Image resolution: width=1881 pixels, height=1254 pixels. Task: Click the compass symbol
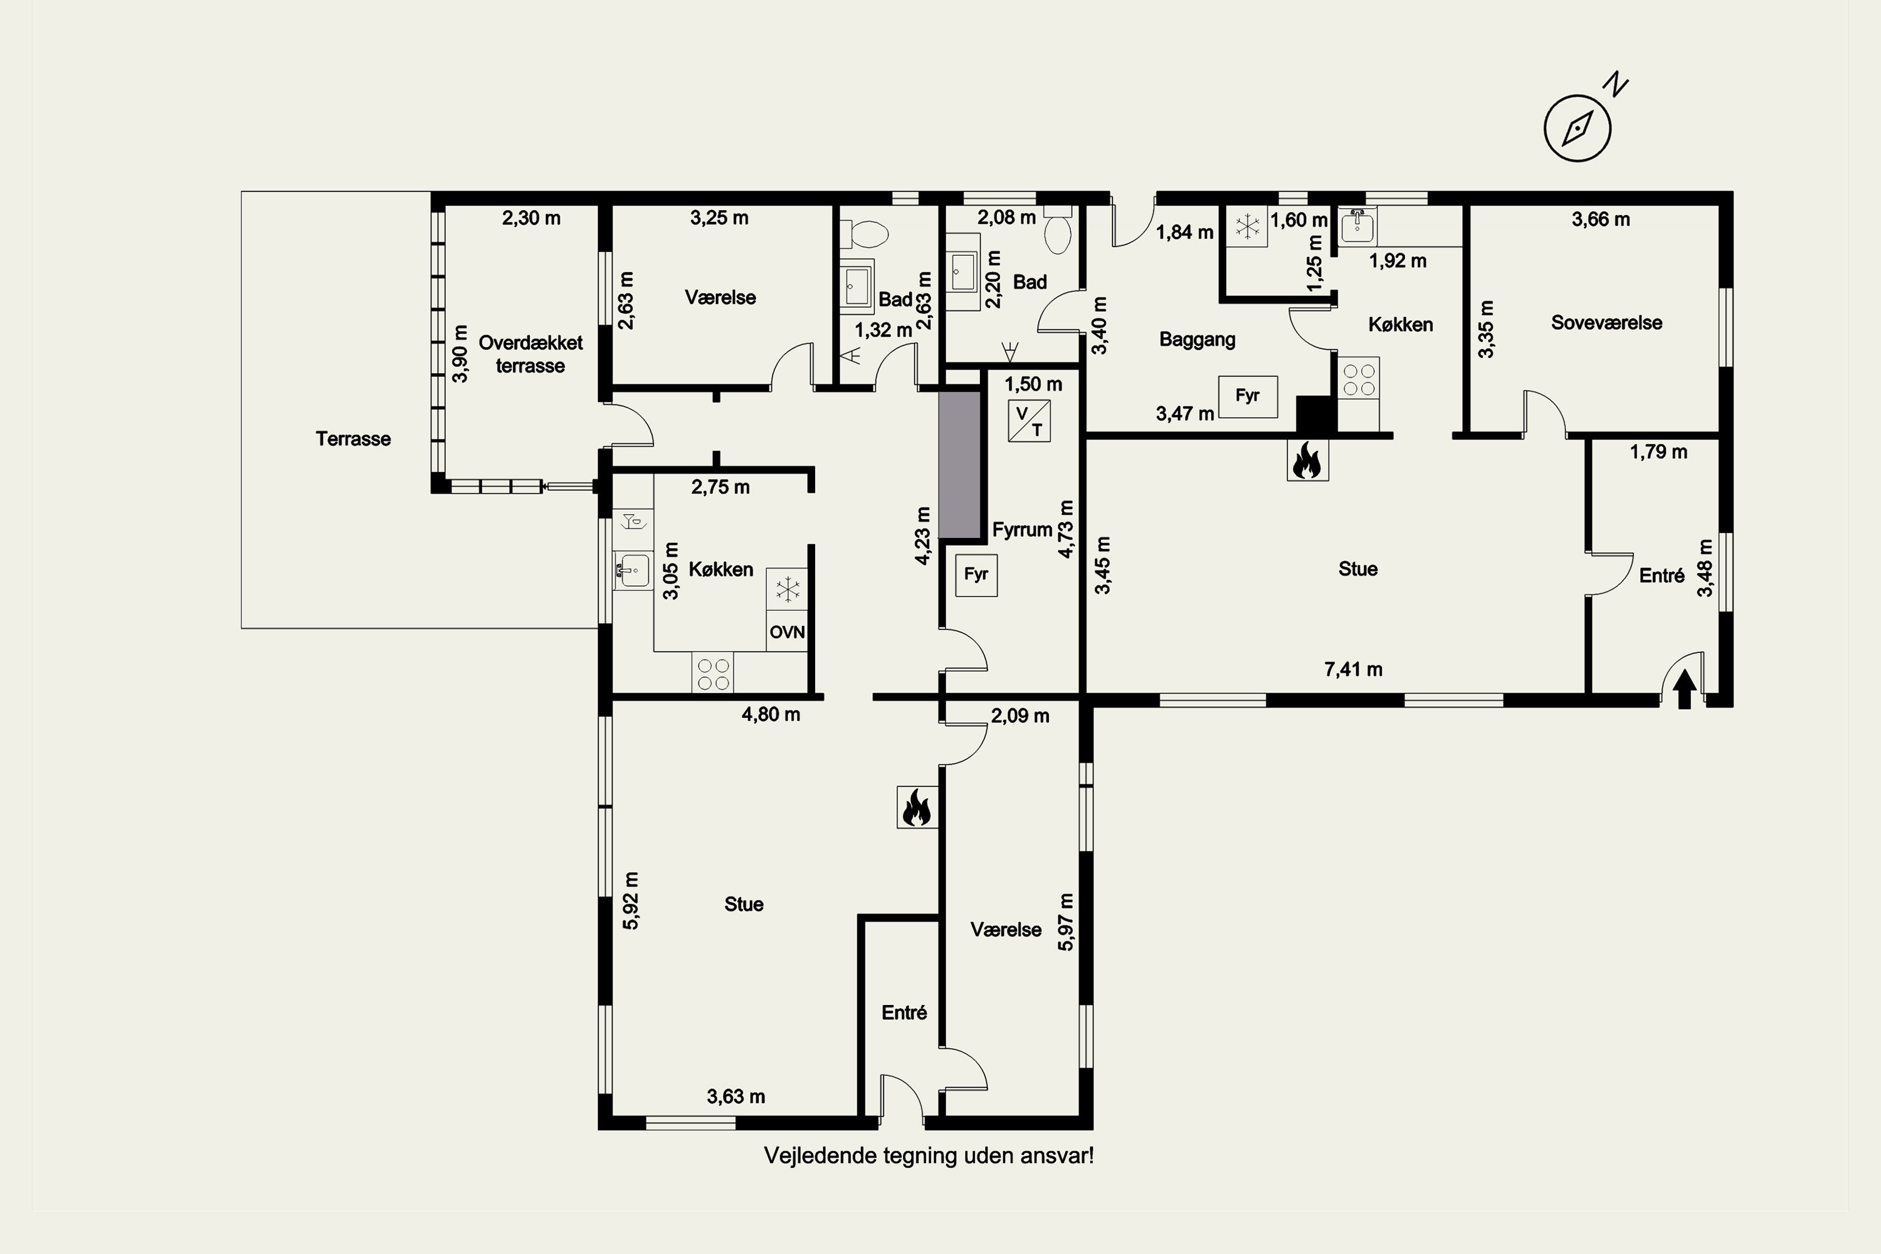point(1577,128)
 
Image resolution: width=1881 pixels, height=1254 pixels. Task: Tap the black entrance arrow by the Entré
point(1684,688)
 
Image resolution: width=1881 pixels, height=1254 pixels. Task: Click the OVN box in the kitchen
point(787,632)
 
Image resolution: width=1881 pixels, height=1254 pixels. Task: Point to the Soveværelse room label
point(1606,323)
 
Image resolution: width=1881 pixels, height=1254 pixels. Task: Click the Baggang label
point(1197,340)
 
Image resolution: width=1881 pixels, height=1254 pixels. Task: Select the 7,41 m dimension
point(1353,670)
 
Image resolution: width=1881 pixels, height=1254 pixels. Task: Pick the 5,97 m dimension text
point(1066,922)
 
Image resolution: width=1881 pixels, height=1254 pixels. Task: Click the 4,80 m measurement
point(771,715)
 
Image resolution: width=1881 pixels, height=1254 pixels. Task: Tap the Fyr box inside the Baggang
point(1248,396)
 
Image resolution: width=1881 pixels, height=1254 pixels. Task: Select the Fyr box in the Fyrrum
point(976,575)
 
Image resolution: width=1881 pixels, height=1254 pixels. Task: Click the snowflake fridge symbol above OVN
point(787,590)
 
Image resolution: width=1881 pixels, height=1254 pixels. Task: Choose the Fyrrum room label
point(1022,530)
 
